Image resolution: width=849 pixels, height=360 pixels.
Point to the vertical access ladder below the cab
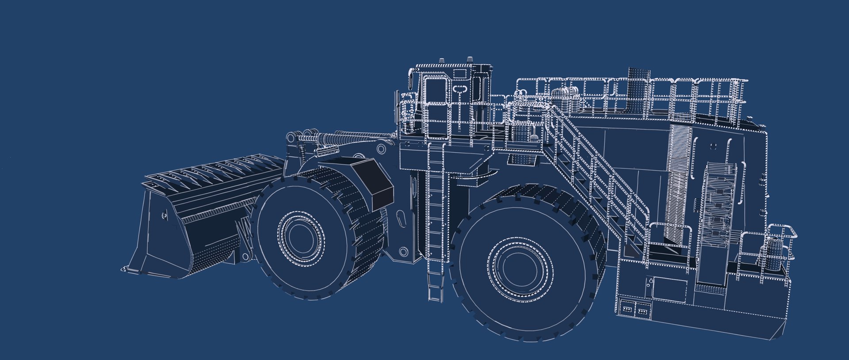[x=436, y=221]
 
